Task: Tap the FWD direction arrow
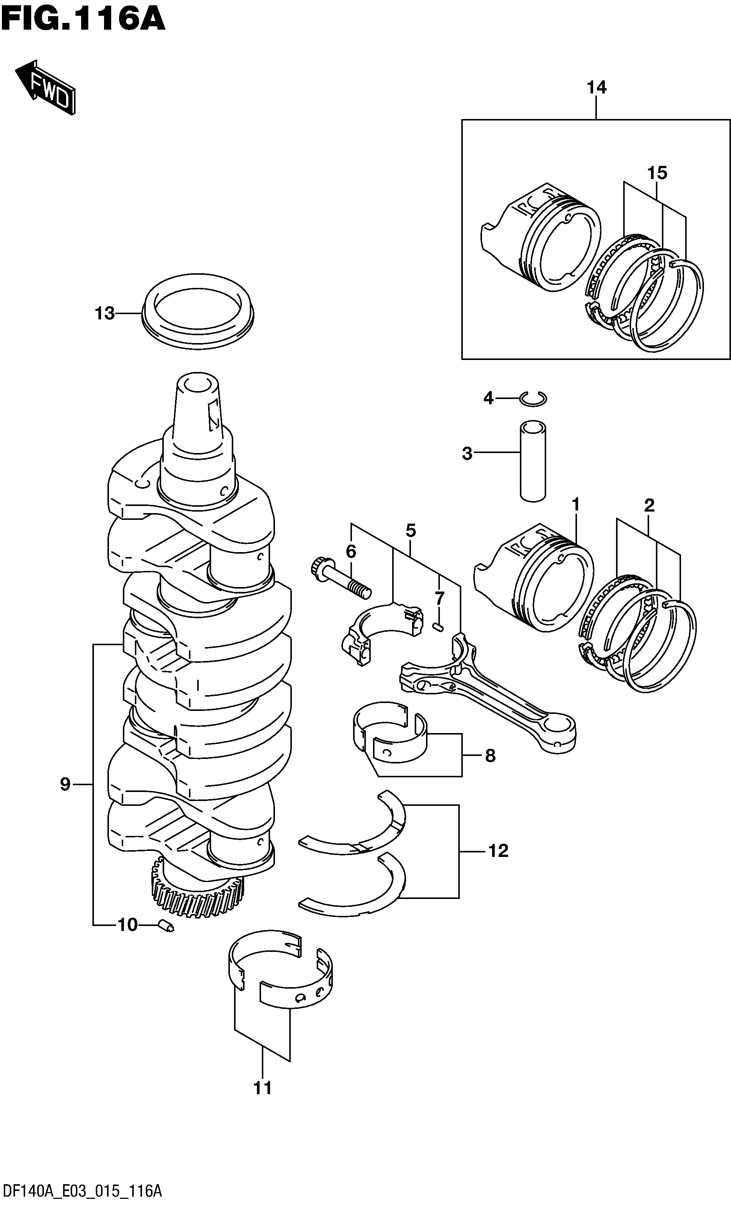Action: click(46, 87)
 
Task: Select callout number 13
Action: click(104, 313)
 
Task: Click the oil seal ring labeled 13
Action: click(198, 312)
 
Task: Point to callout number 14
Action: click(596, 87)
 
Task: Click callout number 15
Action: click(657, 173)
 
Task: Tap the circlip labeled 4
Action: click(533, 398)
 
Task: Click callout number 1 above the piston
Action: click(575, 504)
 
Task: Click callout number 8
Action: click(490, 756)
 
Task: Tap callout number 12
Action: click(498, 851)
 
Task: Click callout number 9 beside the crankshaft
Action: click(65, 784)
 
